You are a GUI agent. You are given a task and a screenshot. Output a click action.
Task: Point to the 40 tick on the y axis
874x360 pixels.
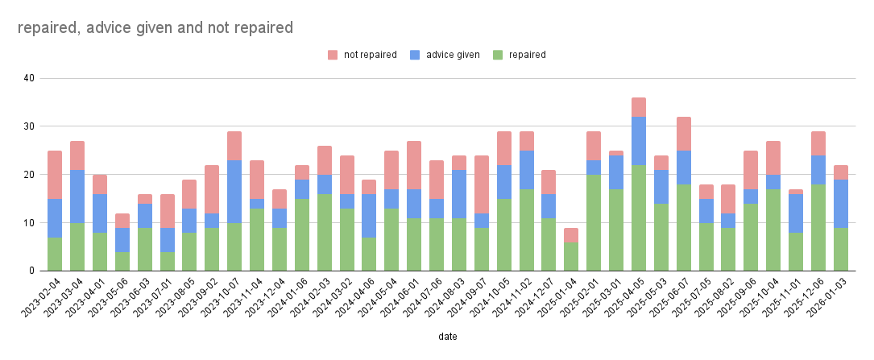[x=29, y=78]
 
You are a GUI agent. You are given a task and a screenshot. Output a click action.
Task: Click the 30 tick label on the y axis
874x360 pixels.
[x=29, y=126]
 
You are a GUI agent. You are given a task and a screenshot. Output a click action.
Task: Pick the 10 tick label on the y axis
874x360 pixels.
[x=29, y=223]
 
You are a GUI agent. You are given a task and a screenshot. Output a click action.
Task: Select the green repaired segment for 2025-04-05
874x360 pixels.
[x=639, y=217]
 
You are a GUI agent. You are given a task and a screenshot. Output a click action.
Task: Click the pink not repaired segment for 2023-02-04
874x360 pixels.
[x=55, y=175]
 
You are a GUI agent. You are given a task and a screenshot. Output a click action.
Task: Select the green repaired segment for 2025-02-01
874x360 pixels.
[x=594, y=222]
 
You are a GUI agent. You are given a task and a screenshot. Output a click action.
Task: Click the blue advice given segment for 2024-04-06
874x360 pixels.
[x=369, y=215]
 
